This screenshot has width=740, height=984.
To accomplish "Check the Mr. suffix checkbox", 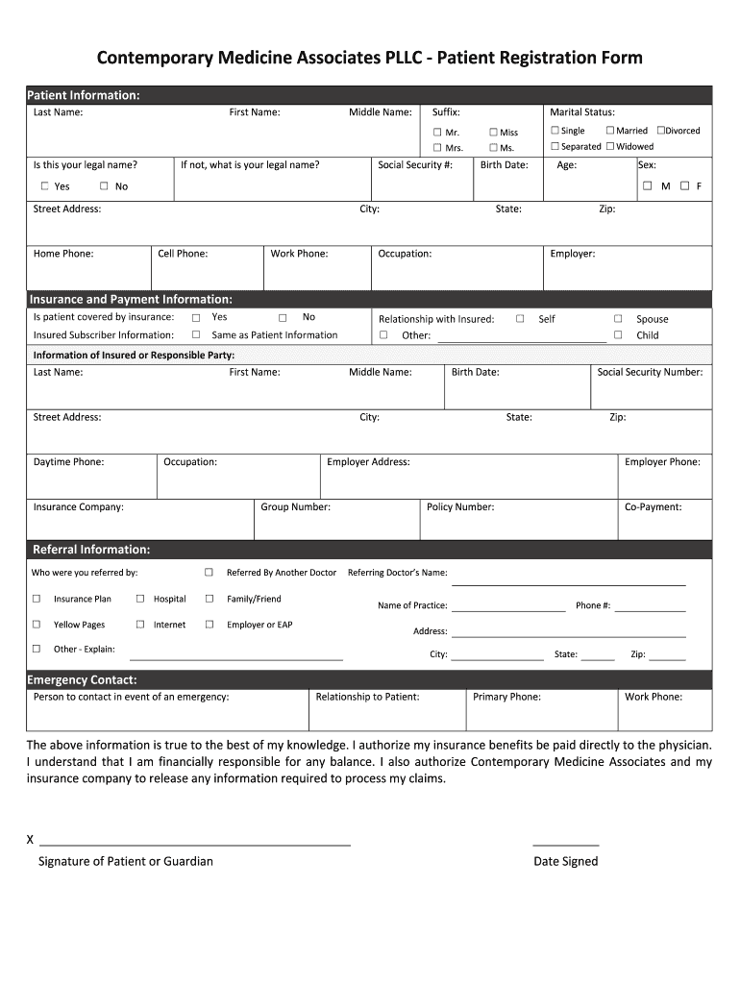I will (x=436, y=132).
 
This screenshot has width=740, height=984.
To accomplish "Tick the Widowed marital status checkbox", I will (x=610, y=146).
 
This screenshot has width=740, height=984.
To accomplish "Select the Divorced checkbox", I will (x=661, y=130).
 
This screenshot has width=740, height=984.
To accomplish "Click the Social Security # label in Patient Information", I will (x=415, y=164).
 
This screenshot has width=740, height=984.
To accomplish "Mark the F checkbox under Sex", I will (x=684, y=185).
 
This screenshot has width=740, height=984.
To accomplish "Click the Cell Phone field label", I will (x=183, y=254).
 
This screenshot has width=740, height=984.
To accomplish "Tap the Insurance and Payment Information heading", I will (x=131, y=299).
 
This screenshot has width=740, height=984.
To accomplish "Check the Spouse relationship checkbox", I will (x=618, y=318).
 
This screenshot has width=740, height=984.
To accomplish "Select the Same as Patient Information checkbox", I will (x=195, y=334).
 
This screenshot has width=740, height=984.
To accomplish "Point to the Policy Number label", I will (x=460, y=506).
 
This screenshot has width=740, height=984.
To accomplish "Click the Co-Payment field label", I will (x=653, y=506).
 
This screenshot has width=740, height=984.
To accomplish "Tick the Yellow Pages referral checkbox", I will (x=37, y=624).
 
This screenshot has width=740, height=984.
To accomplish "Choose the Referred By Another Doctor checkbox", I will (x=209, y=572).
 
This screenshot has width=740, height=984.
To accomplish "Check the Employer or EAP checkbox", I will (x=209, y=624).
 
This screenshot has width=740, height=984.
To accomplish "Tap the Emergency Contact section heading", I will (x=82, y=680).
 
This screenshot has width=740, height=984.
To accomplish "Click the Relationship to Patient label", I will (x=367, y=697).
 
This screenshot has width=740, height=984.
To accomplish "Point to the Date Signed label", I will (x=565, y=861).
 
